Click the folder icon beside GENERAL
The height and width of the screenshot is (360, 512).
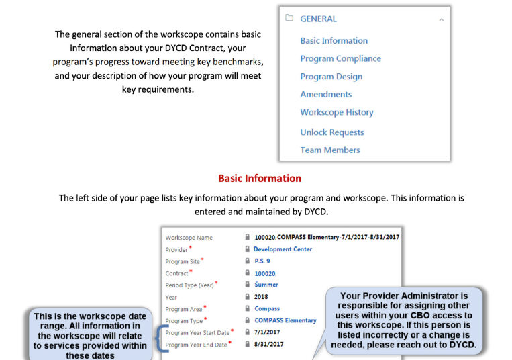[x=289, y=19]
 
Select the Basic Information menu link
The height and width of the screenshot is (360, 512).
[x=334, y=41]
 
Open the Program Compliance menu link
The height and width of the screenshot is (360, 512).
[x=340, y=59]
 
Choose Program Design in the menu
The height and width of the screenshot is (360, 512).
[x=331, y=77]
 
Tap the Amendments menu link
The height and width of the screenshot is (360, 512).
[x=325, y=95]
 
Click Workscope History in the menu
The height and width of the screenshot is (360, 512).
[x=336, y=113]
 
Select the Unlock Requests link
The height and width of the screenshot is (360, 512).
[x=331, y=132]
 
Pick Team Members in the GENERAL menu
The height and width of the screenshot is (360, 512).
[x=329, y=150]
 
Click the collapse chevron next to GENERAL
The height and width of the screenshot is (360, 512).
[x=441, y=20]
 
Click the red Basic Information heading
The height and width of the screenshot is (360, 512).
[x=259, y=179]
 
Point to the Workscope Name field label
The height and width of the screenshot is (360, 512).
[x=189, y=238]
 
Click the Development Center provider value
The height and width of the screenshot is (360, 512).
[x=283, y=249]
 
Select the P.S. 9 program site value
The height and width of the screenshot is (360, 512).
[x=262, y=261]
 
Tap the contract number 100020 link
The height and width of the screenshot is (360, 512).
[x=264, y=273]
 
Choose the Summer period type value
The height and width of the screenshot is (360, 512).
[x=266, y=285]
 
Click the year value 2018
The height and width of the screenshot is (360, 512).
[x=262, y=297]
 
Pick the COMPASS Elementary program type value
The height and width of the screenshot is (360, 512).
[x=285, y=320]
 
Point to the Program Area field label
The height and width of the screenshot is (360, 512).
[x=184, y=309]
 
